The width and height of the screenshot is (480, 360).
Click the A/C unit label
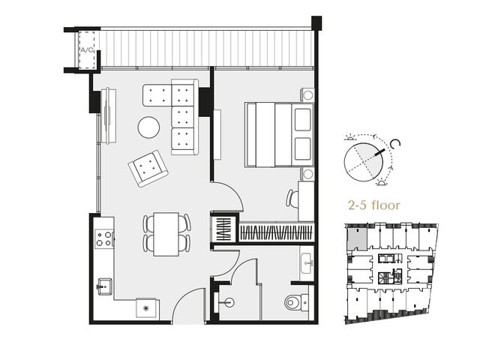(x=87, y=50)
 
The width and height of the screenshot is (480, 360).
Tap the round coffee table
(x=148, y=127)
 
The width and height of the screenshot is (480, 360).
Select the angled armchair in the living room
(x=148, y=168)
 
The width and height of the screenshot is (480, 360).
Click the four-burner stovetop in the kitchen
(x=104, y=238)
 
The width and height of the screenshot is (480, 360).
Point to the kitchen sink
(x=104, y=286)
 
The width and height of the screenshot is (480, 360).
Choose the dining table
(x=166, y=234)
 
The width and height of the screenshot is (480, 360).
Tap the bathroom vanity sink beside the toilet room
(x=307, y=264)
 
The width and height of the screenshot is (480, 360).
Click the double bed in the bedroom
(x=279, y=135)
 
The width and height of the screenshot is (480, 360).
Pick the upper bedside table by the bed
(x=307, y=95)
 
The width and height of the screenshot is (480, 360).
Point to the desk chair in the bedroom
(x=292, y=198)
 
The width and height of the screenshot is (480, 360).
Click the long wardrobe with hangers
(x=277, y=232)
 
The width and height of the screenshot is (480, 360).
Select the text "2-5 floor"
(x=374, y=205)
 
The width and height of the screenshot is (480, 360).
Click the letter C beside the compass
(x=396, y=143)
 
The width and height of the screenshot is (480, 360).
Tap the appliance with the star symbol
(x=146, y=308)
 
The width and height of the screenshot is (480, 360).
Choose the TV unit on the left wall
(x=109, y=115)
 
